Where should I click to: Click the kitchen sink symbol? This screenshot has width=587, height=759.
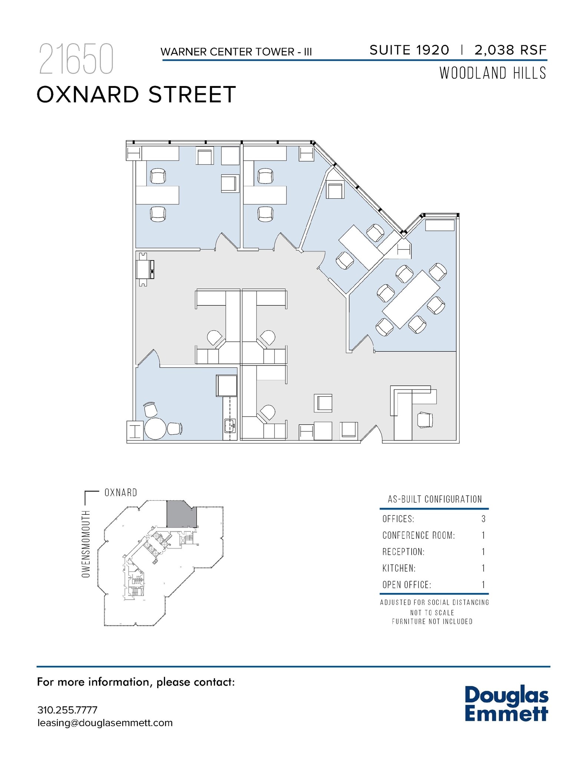pos(230,426)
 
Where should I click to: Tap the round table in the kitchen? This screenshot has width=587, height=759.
pos(155,428)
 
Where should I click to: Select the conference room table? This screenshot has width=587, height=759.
pos(411,299)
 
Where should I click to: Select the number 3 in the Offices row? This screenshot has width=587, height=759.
pos(483,519)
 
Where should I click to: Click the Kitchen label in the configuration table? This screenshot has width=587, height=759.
pos(399,568)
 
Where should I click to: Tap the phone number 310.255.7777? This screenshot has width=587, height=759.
pos(67,710)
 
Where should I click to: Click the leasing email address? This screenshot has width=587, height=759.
pos(105,723)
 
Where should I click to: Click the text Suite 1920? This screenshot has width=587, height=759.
pos(409,50)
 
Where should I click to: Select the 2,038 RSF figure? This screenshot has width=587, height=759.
pos(510,50)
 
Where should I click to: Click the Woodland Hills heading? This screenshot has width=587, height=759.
pos(493,73)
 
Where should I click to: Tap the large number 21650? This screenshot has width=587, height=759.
pos(76,59)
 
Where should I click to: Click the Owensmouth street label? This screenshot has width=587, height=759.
pos(86,544)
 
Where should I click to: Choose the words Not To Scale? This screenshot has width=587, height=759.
pos(432,613)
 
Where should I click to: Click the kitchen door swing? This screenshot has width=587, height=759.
pos(149,359)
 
